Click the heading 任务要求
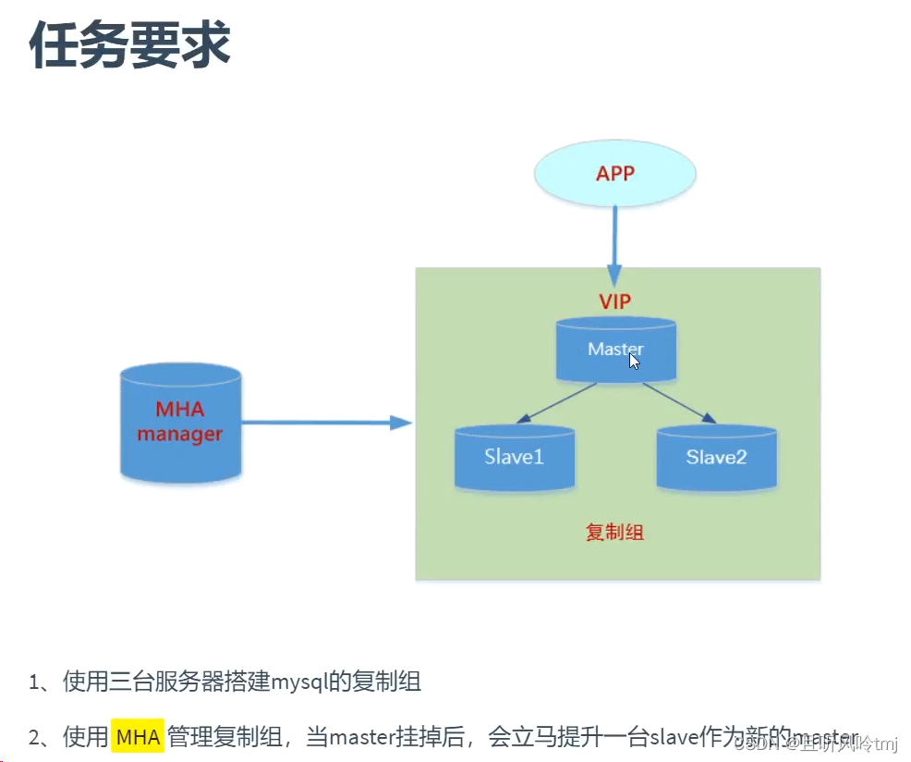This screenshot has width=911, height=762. coord(129,45)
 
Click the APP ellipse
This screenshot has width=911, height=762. coord(615,174)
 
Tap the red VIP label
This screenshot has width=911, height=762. coord(615,301)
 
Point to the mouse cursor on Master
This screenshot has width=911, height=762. coord(635,360)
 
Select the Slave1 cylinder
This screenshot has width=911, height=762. coord(514,457)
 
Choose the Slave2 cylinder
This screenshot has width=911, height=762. coord(716,457)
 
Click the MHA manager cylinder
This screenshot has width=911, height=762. coord(181,423)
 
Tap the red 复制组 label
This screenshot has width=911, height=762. coord(615,533)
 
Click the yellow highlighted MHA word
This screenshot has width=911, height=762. coord(138,737)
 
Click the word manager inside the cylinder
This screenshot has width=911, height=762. coord(181,434)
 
